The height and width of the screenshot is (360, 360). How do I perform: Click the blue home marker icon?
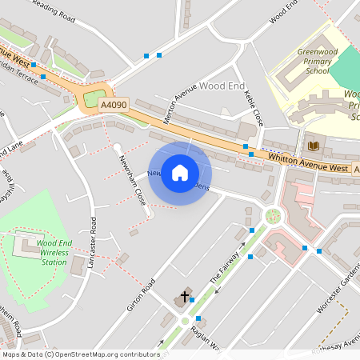pyautogui.click(x=180, y=173)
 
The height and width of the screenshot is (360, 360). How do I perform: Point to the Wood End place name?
pyautogui.click(x=222, y=85)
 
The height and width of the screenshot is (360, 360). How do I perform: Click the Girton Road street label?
pyautogui.click(x=139, y=295)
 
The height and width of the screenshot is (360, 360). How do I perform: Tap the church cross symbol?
pyautogui.click(x=185, y=297)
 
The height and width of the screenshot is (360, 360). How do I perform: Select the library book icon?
pyautogui.click(x=313, y=145)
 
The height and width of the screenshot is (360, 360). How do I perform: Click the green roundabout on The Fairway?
pyautogui.click(x=274, y=215)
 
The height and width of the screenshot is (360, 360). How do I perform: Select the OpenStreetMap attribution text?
pyautogui.click(x=80, y=354)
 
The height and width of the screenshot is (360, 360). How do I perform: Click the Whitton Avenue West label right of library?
pyautogui.click(x=308, y=165)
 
